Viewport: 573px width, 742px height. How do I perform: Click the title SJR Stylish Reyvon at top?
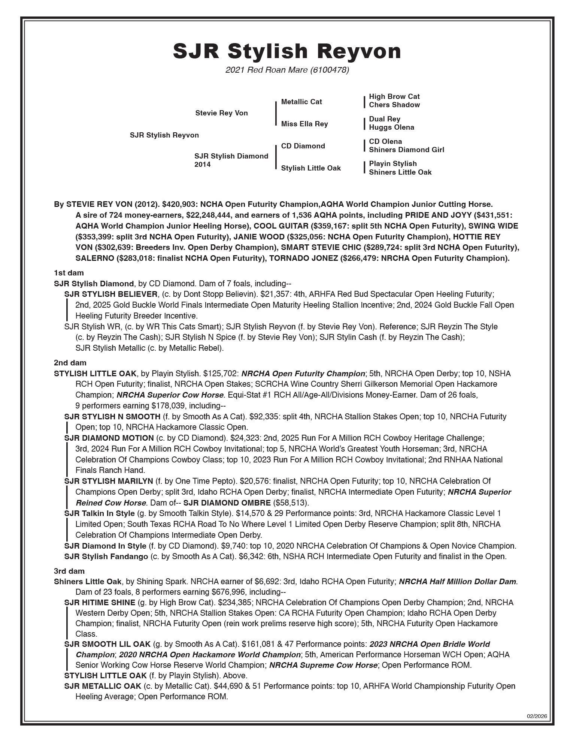coord(286,51)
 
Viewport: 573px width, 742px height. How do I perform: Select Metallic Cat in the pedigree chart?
coord(301,102)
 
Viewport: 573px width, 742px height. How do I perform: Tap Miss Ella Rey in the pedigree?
coord(304,124)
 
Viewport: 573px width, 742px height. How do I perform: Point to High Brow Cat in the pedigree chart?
coord(394,97)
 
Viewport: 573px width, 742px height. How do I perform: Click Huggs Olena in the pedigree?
coord(391,127)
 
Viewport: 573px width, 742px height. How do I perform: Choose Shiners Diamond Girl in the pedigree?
coord(406,150)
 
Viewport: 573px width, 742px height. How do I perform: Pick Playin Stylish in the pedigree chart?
coord(392,164)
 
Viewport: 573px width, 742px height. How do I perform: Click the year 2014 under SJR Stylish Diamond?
coord(203,165)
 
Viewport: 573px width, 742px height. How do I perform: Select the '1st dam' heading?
coord(69,273)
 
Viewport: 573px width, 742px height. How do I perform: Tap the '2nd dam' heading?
coord(70,363)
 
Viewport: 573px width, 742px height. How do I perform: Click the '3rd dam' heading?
coord(69,571)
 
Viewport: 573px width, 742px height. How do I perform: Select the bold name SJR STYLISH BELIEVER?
coord(111,294)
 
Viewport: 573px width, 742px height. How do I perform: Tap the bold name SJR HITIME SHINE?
coord(100,603)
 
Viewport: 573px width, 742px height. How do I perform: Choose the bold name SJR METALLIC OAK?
coord(103,686)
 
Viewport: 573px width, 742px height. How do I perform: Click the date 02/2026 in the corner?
coord(537,716)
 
